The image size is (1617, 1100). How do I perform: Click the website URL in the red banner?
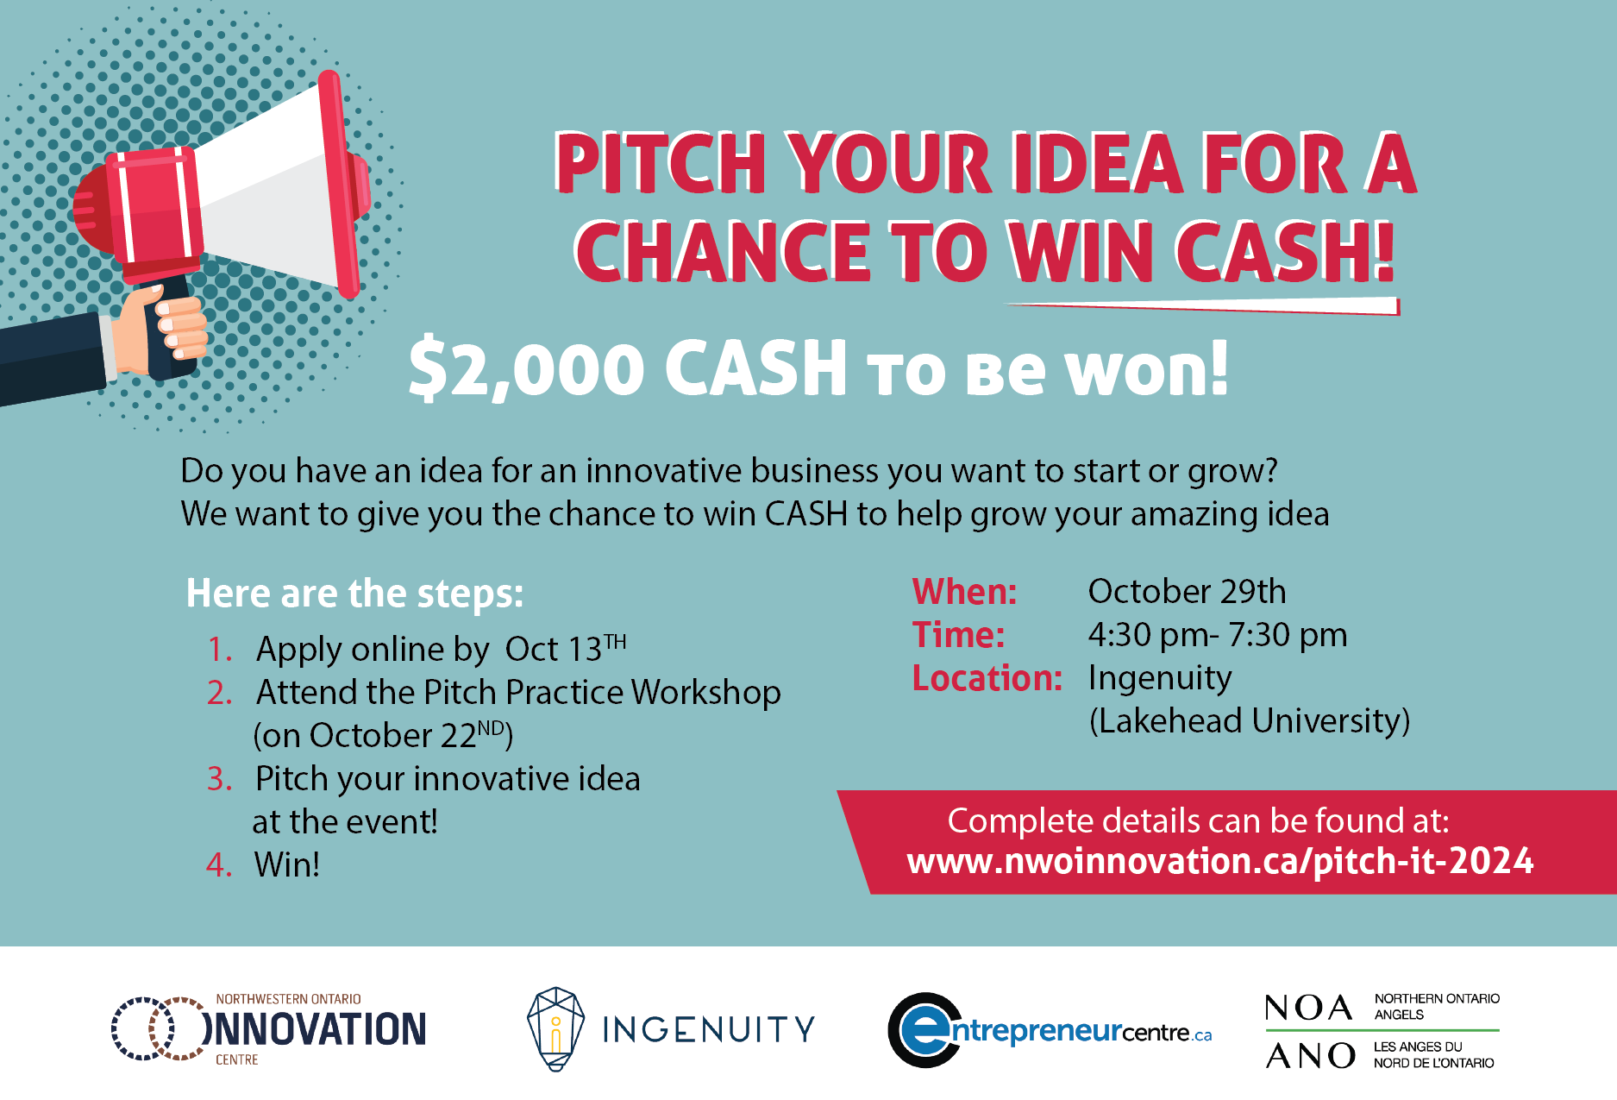(1220, 861)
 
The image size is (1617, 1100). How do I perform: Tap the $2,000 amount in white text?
(527, 368)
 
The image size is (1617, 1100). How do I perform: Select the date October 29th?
(1187, 592)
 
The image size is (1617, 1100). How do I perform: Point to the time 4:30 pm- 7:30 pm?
(1218, 636)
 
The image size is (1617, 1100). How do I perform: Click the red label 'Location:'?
(987, 678)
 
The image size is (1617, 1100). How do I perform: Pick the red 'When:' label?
(965, 592)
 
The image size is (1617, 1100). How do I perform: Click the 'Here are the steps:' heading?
(354, 594)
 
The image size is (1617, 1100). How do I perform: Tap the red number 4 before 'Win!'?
(218, 864)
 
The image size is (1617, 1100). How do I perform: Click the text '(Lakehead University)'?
(1250, 721)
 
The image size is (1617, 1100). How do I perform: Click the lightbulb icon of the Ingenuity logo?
(556, 1029)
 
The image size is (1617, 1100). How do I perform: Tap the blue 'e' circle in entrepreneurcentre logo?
(924, 1030)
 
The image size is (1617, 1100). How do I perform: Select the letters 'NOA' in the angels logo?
(1308, 1008)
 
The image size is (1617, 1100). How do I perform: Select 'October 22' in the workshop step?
(393, 736)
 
